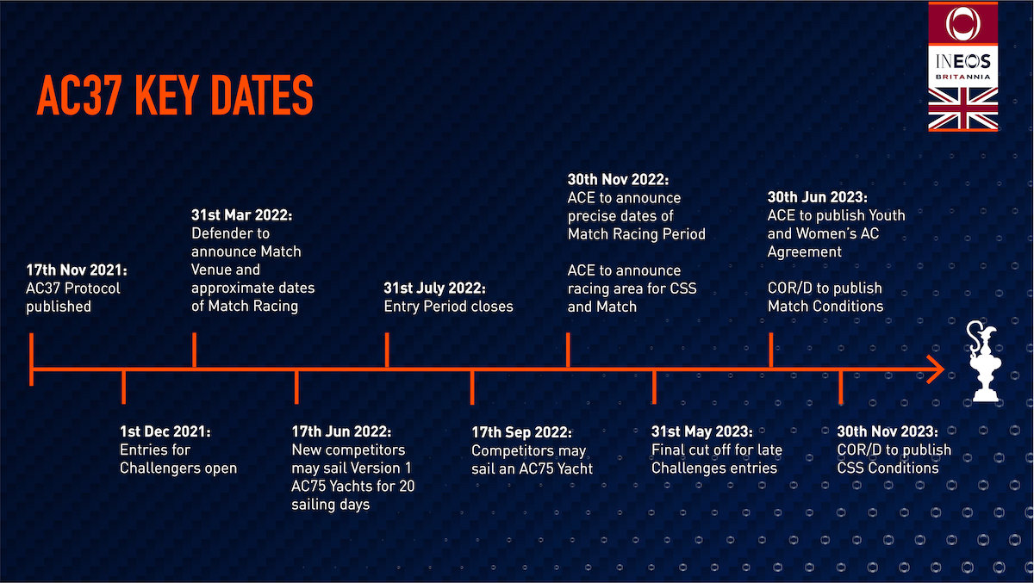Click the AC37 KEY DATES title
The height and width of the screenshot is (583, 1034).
point(174,96)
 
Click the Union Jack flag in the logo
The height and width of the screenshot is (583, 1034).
point(962,109)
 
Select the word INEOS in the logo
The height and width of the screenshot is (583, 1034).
point(962,61)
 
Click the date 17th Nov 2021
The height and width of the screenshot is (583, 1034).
point(75,270)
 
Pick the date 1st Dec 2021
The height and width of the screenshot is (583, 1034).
point(165,431)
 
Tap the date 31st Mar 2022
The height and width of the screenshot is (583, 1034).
point(242,214)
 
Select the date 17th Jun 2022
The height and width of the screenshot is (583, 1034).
point(342,431)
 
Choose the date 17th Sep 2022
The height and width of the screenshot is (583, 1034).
point(522,431)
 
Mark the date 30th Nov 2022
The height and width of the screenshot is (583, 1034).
point(618,179)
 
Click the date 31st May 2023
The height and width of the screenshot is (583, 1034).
point(702,431)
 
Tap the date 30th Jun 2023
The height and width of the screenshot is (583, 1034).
point(818,197)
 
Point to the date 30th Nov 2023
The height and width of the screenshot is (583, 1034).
point(888,431)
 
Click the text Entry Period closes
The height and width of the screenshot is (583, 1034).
point(448,306)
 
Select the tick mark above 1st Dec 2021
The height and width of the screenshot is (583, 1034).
point(124,387)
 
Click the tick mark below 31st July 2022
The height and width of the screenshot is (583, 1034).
point(386,351)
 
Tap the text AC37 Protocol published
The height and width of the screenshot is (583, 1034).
point(73,297)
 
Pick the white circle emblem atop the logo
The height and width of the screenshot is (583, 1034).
point(962,22)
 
